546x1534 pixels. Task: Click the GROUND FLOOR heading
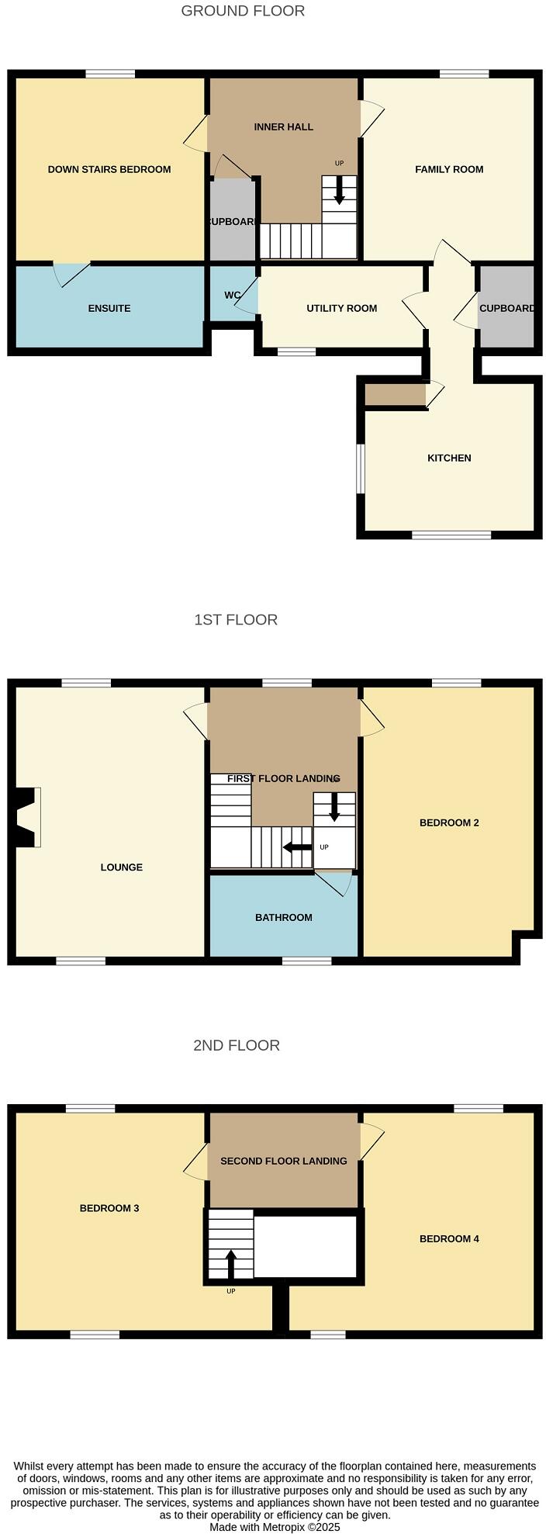click(x=243, y=11)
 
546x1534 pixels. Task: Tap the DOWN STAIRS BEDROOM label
click(x=109, y=169)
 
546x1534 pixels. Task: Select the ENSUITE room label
click(x=109, y=308)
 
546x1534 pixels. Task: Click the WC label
click(x=232, y=296)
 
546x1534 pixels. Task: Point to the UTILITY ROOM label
click(x=341, y=308)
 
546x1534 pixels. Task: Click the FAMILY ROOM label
click(x=449, y=169)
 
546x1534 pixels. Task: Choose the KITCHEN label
click(x=449, y=458)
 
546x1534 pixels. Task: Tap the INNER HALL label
click(x=284, y=126)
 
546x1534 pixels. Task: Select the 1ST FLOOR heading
click(x=236, y=619)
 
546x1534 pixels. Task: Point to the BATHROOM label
click(x=284, y=917)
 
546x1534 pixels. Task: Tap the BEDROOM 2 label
click(x=449, y=822)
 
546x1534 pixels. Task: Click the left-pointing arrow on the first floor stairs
click(x=297, y=847)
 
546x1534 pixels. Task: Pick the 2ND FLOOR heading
click(x=237, y=1045)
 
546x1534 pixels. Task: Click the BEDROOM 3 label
click(x=109, y=1208)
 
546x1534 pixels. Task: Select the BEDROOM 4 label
click(x=449, y=1238)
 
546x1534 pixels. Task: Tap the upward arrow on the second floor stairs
click(x=230, y=1262)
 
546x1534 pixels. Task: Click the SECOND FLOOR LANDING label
click(x=284, y=1161)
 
